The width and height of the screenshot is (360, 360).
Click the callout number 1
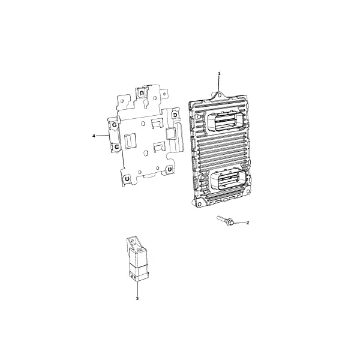pos(219,73)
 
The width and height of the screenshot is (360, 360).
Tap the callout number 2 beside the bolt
pos(247,223)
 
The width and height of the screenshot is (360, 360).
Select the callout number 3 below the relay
pos(137,298)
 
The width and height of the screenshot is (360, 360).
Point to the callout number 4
pos(94,136)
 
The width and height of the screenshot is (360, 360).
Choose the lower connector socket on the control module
pos(229,180)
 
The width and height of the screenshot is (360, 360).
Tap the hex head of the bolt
pos(230,222)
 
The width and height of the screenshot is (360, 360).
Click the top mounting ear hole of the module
pos(219,95)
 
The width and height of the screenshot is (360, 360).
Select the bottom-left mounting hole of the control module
pos(200,204)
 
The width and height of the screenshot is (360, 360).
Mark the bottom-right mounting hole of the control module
pos(248,191)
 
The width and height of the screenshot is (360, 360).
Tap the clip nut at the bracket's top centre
pos(142,93)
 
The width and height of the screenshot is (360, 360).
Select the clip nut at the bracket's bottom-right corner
pos(169,169)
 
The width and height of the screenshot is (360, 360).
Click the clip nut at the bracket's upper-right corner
pos(175,115)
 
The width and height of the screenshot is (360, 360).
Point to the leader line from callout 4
pos(103,136)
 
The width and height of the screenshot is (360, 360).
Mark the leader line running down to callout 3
pos(137,289)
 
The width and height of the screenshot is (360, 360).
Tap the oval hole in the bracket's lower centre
pos(145,152)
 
